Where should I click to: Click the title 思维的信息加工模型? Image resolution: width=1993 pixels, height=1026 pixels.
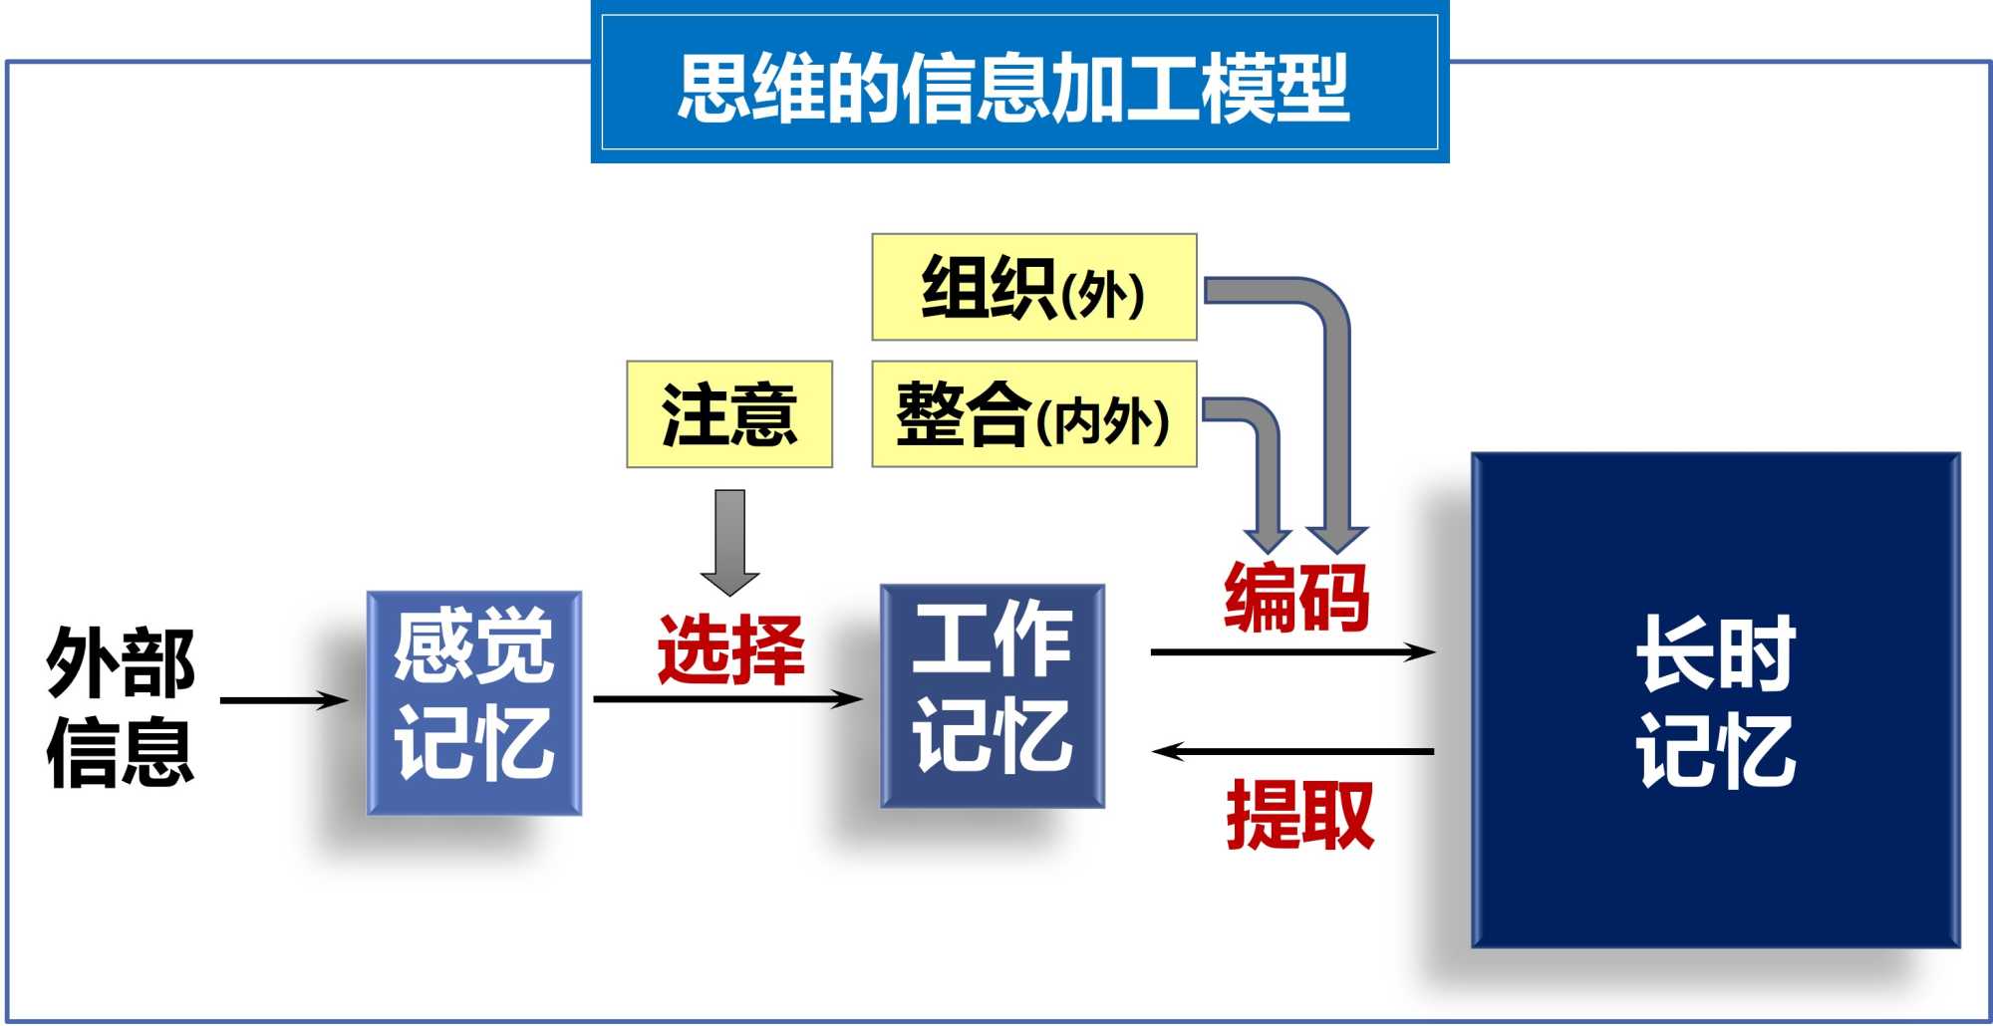coord(1014,88)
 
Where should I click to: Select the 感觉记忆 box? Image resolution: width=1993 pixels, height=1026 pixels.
coord(474,703)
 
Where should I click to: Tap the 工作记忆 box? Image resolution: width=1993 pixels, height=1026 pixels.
coord(993,695)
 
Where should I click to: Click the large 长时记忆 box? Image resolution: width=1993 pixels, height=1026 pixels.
coord(1715,700)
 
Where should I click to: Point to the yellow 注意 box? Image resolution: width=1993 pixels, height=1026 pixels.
coord(729,414)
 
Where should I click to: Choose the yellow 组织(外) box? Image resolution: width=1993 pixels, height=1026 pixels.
coord(1033,287)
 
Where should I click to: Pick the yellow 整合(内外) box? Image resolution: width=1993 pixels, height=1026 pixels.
coord(1033,414)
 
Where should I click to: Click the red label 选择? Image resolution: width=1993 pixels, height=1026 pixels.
coord(730,649)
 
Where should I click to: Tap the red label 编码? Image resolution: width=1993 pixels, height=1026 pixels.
coord(1296,598)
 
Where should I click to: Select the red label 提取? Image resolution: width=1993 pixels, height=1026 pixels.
coord(1299,815)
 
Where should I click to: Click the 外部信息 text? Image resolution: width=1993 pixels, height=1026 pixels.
coord(120,705)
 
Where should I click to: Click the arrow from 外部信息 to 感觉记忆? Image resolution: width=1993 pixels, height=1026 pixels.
coord(284,700)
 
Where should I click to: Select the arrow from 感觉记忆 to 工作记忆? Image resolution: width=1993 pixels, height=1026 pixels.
coord(727,699)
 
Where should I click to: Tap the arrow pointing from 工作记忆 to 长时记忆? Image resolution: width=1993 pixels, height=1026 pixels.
coord(1292,652)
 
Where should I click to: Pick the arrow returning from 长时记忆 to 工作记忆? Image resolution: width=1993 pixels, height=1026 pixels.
coord(1292,751)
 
